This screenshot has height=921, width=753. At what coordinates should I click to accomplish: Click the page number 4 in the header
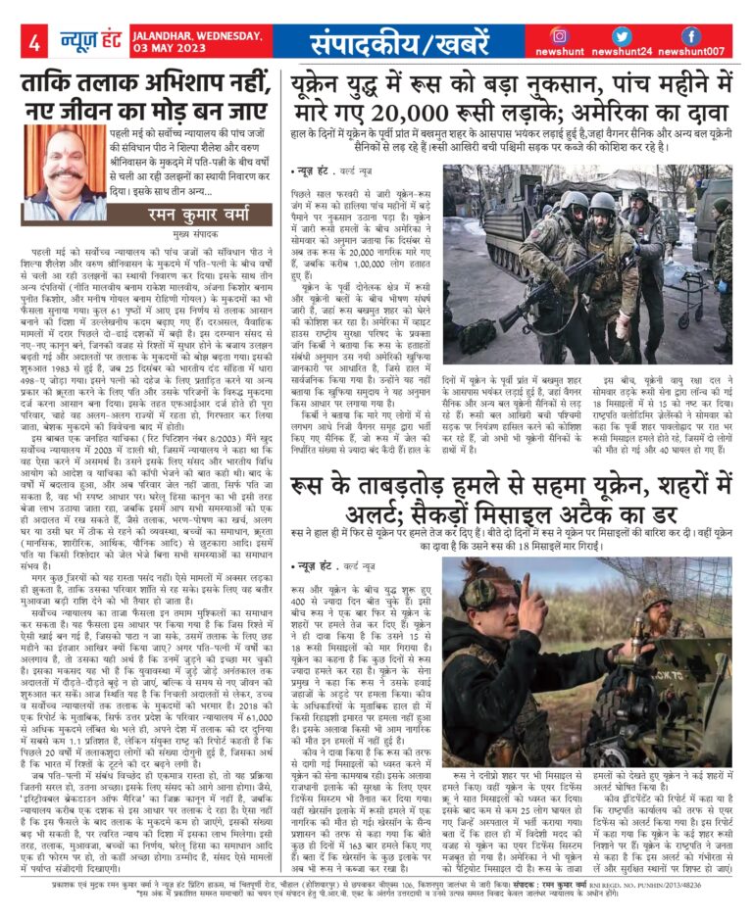tap(33, 43)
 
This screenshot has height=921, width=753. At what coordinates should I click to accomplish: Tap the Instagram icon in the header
tap(559, 36)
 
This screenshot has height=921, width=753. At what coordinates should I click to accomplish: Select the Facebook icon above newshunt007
tap(690, 36)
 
